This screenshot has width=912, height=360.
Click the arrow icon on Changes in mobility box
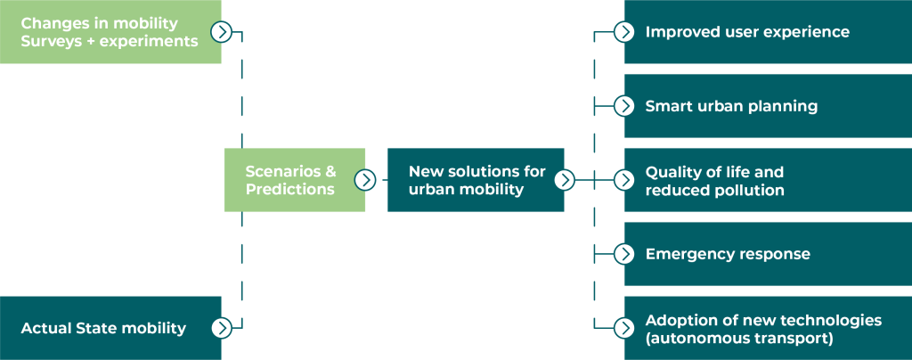pyautogui.click(x=222, y=32)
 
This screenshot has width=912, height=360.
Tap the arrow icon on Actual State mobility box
pyautogui.click(x=222, y=328)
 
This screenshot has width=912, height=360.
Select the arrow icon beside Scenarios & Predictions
pyautogui.click(x=365, y=180)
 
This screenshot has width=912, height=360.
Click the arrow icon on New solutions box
pyautogui.click(x=564, y=180)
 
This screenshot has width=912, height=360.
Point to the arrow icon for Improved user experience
pyautogui.click(x=624, y=32)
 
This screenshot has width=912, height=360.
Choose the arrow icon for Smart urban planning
pyautogui.click(x=624, y=106)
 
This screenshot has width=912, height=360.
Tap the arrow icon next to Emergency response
pyautogui.click(x=624, y=254)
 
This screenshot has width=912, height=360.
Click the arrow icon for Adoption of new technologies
pyautogui.click(x=624, y=328)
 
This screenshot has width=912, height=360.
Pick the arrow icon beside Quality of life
pyautogui.click(x=624, y=180)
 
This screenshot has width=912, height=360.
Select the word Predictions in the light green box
pyautogui.click(x=290, y=189)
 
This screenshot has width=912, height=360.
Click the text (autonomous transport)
pyautogui.click(x=738, y=338)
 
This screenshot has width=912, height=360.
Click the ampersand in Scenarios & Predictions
pyautogui.click(x=330, y=171)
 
